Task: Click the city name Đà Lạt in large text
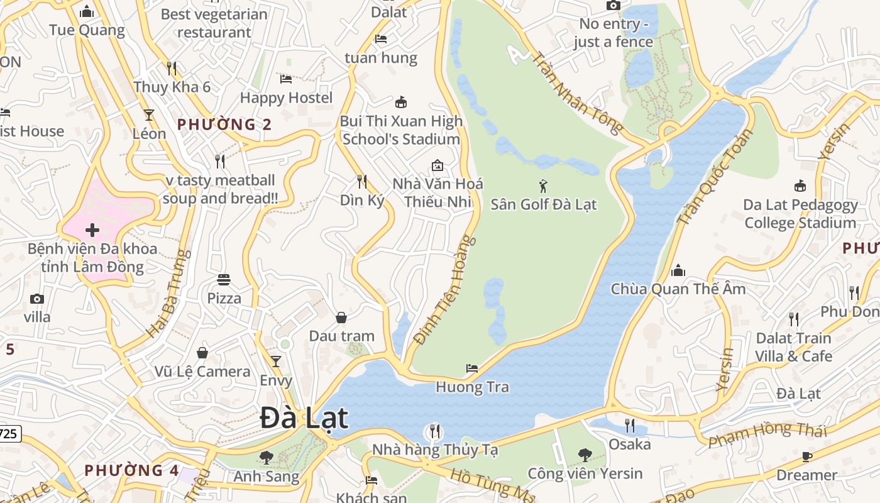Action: coord(304,419)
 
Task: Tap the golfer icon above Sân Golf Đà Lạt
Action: coord(544,186)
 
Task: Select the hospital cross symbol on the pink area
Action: coord(92,230)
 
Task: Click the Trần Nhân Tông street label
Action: coord(577,92)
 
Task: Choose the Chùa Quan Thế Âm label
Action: coord(678,289)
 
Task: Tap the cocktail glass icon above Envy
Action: coord(275,362)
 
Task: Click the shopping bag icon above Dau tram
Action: coord(341,318)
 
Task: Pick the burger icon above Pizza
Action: coord(224,279)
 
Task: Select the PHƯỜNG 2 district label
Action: coord(224,124)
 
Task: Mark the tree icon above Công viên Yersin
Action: coord(585,455)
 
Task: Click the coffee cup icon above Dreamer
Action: coord(807,456)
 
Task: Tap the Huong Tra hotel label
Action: coord(472,387)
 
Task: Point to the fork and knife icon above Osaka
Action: coord(629,426)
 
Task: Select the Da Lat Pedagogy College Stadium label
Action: coord(800,214)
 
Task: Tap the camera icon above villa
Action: coord(37,299)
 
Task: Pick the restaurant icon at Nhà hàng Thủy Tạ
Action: coord(434,431)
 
